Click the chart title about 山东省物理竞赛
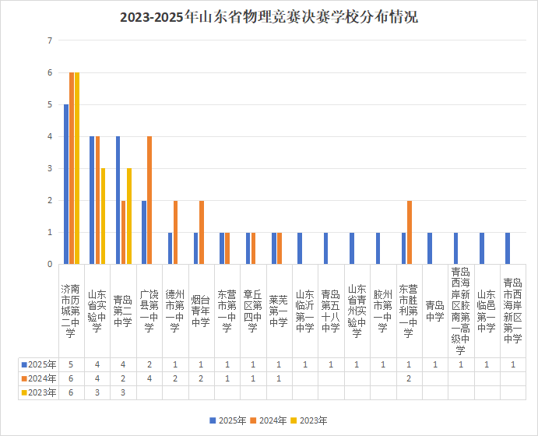point(269,17)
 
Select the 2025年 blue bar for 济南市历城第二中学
point(66,185)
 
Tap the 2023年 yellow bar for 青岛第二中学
point(129,216)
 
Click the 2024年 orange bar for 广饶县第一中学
point(149,200)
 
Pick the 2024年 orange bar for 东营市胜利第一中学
point(409,232)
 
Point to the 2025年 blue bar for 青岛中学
point(430,248)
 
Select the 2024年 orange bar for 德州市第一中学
point(175,232)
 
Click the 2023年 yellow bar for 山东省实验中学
point(103,216)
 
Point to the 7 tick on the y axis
point(50,40)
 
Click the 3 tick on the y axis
point(50,168)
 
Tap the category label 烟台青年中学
point(200,311)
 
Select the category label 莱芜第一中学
point(278,311)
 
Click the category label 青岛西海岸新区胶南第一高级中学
point(460,311)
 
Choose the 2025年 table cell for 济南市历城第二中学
point(71,364)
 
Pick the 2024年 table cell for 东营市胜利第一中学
point(409,378)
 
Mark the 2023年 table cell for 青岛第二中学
point(123,392)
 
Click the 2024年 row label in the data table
point(39,378)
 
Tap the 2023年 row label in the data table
point(39,392)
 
